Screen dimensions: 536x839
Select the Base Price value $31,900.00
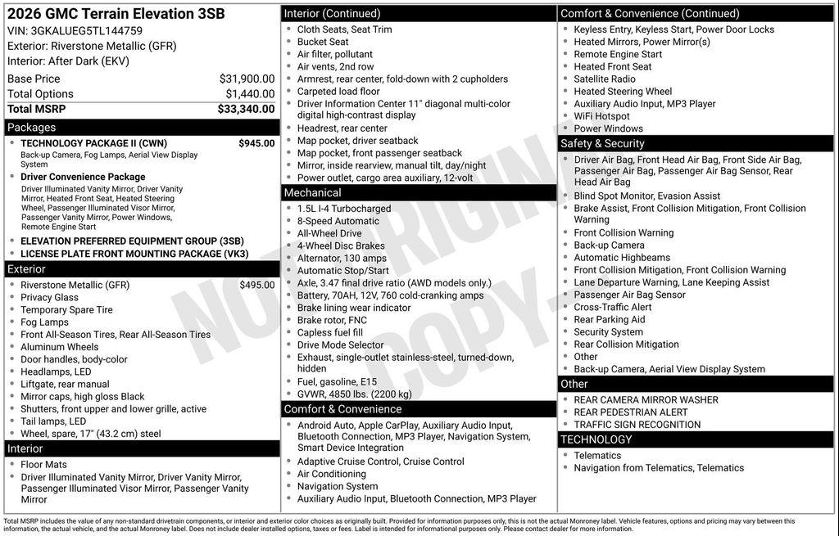coord(247,79)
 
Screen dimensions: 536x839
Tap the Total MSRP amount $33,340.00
coord(246,109)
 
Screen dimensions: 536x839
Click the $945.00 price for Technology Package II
coord(256,143)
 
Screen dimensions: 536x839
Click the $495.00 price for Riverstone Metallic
coord(256,285)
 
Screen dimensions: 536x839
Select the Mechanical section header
coord(312,193)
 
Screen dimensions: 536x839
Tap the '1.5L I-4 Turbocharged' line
coord(344,209)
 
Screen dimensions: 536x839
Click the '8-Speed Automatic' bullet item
coord(338,221)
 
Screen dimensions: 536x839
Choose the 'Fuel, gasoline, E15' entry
coord(337,381)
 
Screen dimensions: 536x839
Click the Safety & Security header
coord(602,143)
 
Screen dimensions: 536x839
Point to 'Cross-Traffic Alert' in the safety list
coord(613,307)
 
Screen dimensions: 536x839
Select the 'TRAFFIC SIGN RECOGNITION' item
coord(637,425)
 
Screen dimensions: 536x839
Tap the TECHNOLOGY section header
coord(596,440)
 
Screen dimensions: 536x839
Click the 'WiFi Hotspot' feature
coord(601,116)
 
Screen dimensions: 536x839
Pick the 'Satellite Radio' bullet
coord(605,79)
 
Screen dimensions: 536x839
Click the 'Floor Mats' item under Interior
coord(43,465)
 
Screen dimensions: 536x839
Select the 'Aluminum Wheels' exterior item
coord(59,347)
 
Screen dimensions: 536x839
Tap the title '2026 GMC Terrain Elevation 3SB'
coord(115,14)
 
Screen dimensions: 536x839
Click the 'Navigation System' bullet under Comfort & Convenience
coord(338,486)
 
